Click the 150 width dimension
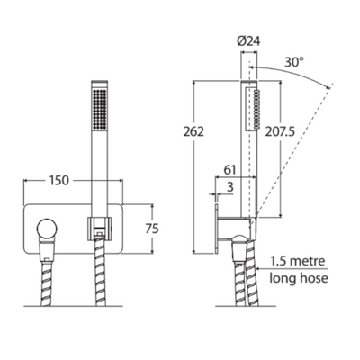(x=59, y=181)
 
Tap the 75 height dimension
(x=152, y=229)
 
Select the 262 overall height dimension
(x=193, y=131)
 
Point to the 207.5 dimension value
(x=280, y=131)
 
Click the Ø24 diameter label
(x=248, y=41)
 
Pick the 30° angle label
(x=294, y=62)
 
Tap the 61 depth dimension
(x=230, y=170)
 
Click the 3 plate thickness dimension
(x=230, y=187)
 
